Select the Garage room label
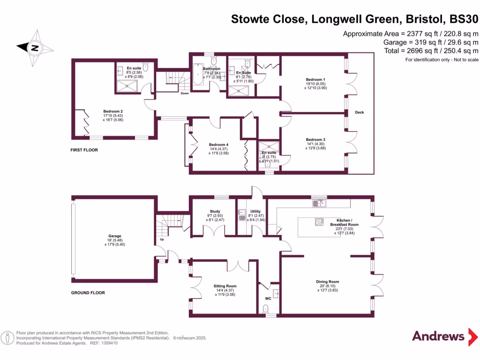pos(115,236)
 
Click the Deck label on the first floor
pos(360,112)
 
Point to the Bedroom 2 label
pos(114,112)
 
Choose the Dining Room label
pos(327,282)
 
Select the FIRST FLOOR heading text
pos(88,150)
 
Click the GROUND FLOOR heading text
pos(88,292)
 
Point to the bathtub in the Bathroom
pos(197,75)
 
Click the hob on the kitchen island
pos(319,222)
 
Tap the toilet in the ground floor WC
pos(267,308)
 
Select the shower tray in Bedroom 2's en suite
pos(127,84)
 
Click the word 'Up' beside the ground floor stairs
pos(162,240)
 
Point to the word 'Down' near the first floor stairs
pos(185,93)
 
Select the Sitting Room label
pos(225,286)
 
